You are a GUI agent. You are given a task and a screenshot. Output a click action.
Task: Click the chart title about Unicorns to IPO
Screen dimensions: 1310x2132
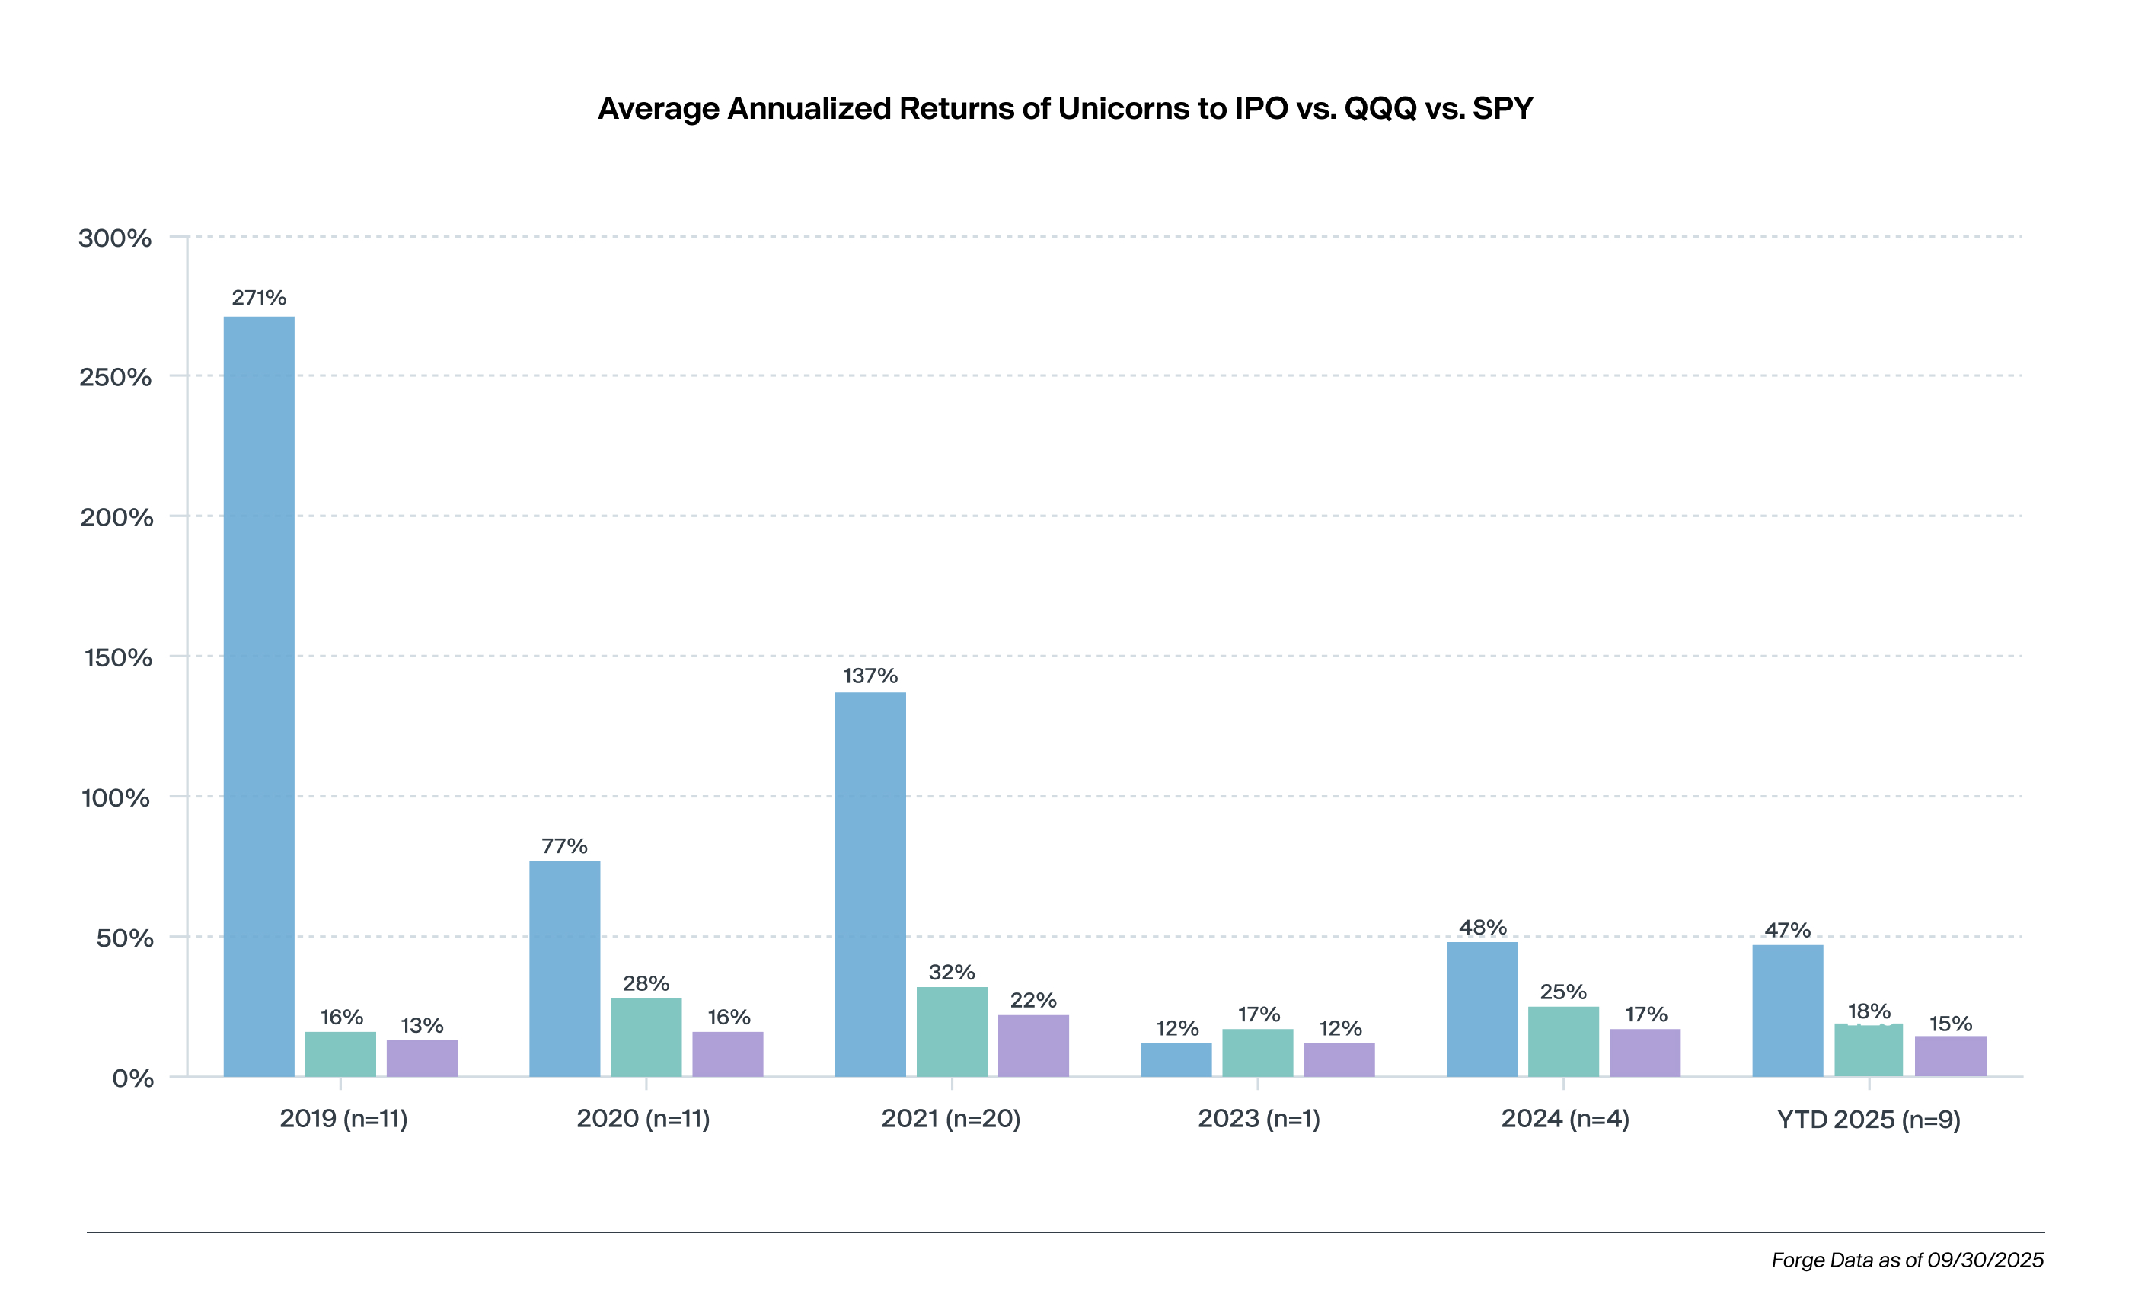coord(1065,108)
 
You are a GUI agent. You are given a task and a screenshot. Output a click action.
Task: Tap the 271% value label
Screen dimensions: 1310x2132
coord(259,298)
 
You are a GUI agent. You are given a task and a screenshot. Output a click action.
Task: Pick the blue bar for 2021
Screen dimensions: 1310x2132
coord(870,883)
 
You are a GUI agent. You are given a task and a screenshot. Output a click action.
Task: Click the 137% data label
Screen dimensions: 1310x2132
coord(870,676)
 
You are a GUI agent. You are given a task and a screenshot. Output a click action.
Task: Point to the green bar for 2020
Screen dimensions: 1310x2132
coord(646,1037)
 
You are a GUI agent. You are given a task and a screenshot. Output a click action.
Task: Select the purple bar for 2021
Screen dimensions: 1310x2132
coord(1033,1046)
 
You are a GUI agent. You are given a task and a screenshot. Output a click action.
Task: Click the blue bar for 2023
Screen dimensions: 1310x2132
coord(1176,1059)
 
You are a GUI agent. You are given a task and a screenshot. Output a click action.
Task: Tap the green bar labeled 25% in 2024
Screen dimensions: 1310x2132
coord(1563,1041)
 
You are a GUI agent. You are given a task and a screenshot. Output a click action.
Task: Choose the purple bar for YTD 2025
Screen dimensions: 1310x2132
coord(1950,1056)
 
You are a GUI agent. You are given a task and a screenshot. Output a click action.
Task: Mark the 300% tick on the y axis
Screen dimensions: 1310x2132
coord(115,238)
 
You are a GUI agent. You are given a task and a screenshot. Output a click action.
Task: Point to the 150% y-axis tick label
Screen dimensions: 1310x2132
coord(118,657)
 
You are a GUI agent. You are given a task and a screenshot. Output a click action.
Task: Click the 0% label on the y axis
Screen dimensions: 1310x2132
coord(132,1078)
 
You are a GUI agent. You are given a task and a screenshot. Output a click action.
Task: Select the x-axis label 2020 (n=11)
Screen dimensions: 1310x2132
coord(643,1119)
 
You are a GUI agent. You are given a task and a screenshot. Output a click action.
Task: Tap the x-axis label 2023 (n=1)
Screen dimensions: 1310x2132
coord(1258,1119)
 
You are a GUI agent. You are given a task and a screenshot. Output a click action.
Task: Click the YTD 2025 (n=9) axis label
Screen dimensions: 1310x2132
coord(1869,1120)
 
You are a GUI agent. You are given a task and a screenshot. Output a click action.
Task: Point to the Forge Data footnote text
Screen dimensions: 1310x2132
coord(1907,1260)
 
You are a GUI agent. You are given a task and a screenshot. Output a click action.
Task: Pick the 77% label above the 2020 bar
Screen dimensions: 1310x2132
coord(565,845)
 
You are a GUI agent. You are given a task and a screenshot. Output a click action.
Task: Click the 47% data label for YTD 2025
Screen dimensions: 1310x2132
coord(1787,931)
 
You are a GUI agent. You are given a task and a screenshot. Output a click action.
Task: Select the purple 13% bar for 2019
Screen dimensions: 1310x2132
coord(422,1058)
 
